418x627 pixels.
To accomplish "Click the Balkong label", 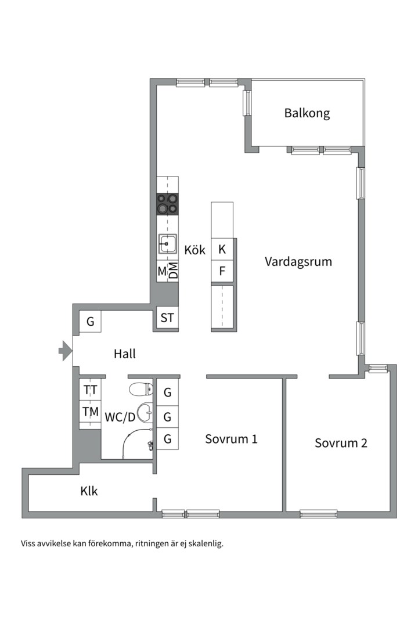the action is tap(307, 113).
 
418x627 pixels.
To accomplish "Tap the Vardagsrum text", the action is tap(298, 262).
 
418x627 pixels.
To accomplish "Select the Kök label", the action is tap(195, 250).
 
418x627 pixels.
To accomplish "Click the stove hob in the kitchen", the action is tap(167, 204).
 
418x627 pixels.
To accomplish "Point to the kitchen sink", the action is tap(167, 243).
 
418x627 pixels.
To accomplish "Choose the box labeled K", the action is tap(222, 250).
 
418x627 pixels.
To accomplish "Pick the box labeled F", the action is tap(222, 271).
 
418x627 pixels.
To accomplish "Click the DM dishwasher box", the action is tap(173, 271).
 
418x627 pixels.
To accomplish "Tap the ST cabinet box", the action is tap(167, 318).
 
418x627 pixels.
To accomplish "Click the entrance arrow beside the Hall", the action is tap(65, 351).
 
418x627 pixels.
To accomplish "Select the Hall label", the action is tap(125, 354).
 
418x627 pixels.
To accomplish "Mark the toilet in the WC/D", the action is tap(141, 388).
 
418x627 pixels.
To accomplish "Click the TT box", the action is tap(91, 389).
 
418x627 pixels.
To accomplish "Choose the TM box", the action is tap(91, 411).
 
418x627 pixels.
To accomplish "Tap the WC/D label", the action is tap(120, 417).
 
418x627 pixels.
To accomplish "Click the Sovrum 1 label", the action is tap(231, 439).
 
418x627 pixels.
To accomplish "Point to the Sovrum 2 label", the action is tap(341, 443).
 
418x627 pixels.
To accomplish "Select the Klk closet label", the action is tap(89, 491).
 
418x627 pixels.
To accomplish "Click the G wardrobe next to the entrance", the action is tap(91, 321).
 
